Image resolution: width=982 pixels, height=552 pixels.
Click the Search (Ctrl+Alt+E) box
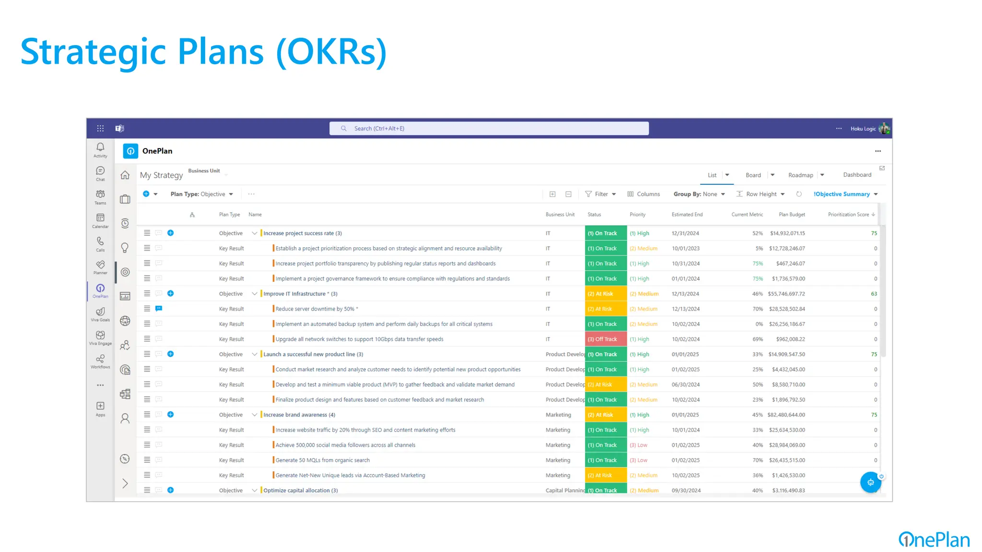pos(489,128)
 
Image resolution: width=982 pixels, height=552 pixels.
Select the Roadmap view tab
pos(800,175)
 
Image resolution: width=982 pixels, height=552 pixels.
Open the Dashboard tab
pos(857,175)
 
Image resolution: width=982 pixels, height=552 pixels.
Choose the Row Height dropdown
pos(761,194)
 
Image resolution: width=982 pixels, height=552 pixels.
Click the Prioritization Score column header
pos(848,215)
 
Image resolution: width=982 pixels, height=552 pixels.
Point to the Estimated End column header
pos(687,215)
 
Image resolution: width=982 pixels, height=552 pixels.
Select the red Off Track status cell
pos(606,339)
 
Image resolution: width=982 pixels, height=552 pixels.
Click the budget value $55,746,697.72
pos(786,294)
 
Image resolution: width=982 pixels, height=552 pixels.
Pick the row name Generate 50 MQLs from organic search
pos(322,460)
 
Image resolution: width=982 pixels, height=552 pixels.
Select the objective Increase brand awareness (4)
pos(299,415)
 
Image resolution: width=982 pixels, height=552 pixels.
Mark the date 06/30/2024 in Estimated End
pos(686,385)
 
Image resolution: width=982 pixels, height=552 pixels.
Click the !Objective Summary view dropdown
pos(845,194)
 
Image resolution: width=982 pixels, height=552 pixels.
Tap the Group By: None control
pos(699,194)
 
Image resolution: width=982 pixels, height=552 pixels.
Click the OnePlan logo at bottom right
pos(934,540)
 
